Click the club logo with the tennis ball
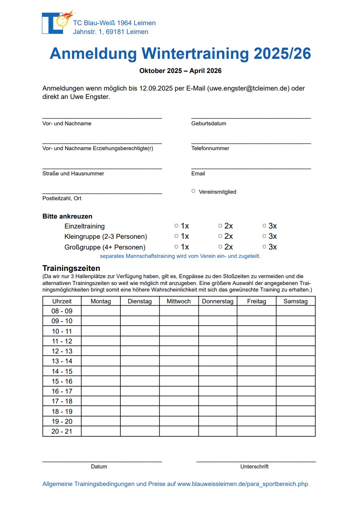(57, 23)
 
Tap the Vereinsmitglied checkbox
(193, 191)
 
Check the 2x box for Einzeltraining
(220, 226)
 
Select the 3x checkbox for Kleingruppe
(264, 236)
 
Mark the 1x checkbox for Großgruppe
(176, 247)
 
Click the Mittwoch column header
(178, 301)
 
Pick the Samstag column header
(295, 301)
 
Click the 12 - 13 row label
(62, 351)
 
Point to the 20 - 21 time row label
(62, 431)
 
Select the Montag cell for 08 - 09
(101, 311)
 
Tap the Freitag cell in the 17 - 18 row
(256, 401)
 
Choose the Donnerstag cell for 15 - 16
(217, 381)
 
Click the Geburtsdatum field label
(209, 123)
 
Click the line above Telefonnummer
(251, 143)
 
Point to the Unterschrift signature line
(256, 461)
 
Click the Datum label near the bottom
(99, 467)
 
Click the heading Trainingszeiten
(71, 268)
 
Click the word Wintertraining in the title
(195, 54)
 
